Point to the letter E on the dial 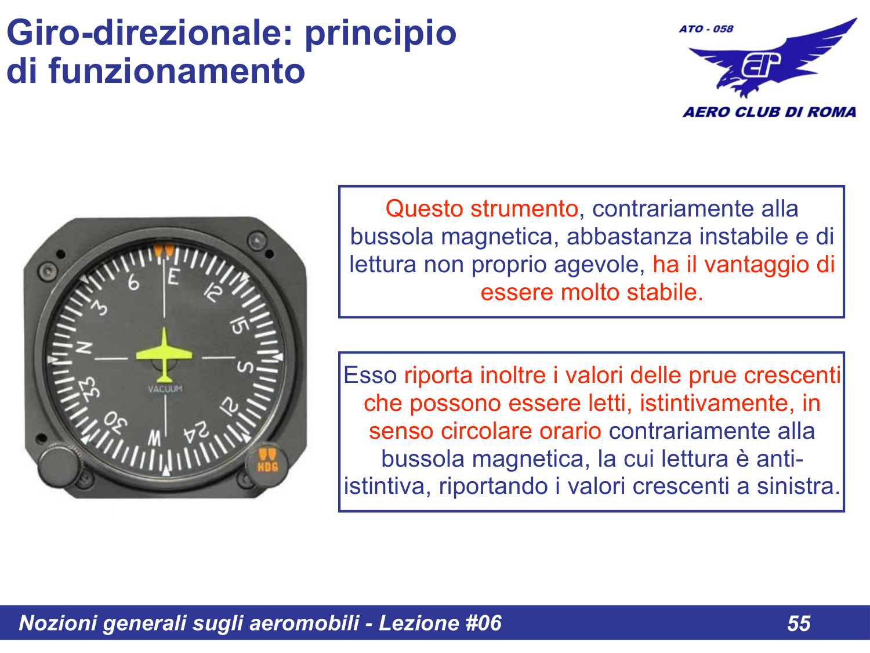point(173,277)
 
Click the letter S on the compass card point(245,367)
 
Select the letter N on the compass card point(85,347)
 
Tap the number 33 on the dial point(89,389)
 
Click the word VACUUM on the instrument point(165,389)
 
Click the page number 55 point(799,623)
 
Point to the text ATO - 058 point(706,29)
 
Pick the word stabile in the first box point(661,293)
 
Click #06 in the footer point(483,623)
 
